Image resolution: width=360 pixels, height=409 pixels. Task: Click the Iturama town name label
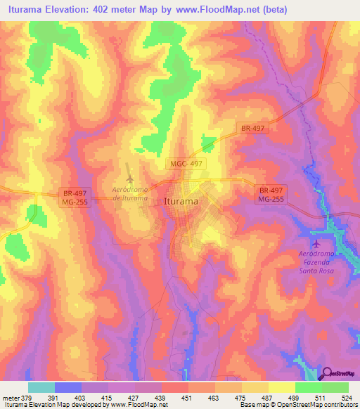180,201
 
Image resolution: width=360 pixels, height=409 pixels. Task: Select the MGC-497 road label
187,163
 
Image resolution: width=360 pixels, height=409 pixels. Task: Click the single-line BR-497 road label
252,129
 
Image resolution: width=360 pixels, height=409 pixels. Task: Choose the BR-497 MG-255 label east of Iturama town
271,195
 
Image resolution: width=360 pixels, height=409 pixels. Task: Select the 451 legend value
187,398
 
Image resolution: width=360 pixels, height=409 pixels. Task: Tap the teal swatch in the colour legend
41,387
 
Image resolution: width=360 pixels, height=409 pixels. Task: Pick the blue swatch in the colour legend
68,387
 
